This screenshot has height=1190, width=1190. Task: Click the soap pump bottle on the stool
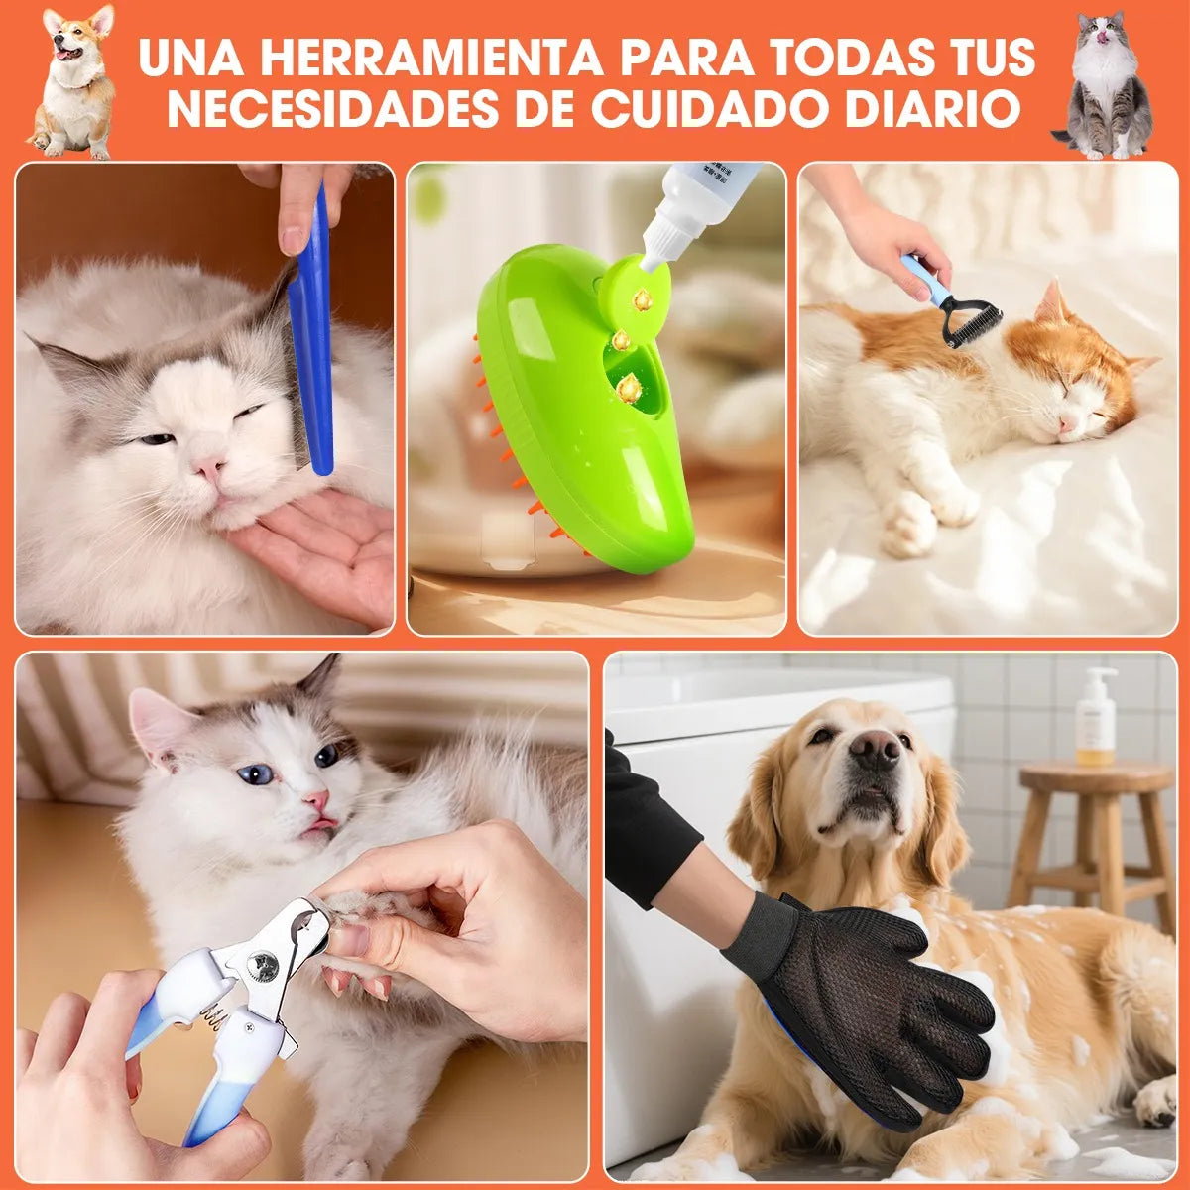1096,716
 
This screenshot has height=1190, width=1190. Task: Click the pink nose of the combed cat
207,465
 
